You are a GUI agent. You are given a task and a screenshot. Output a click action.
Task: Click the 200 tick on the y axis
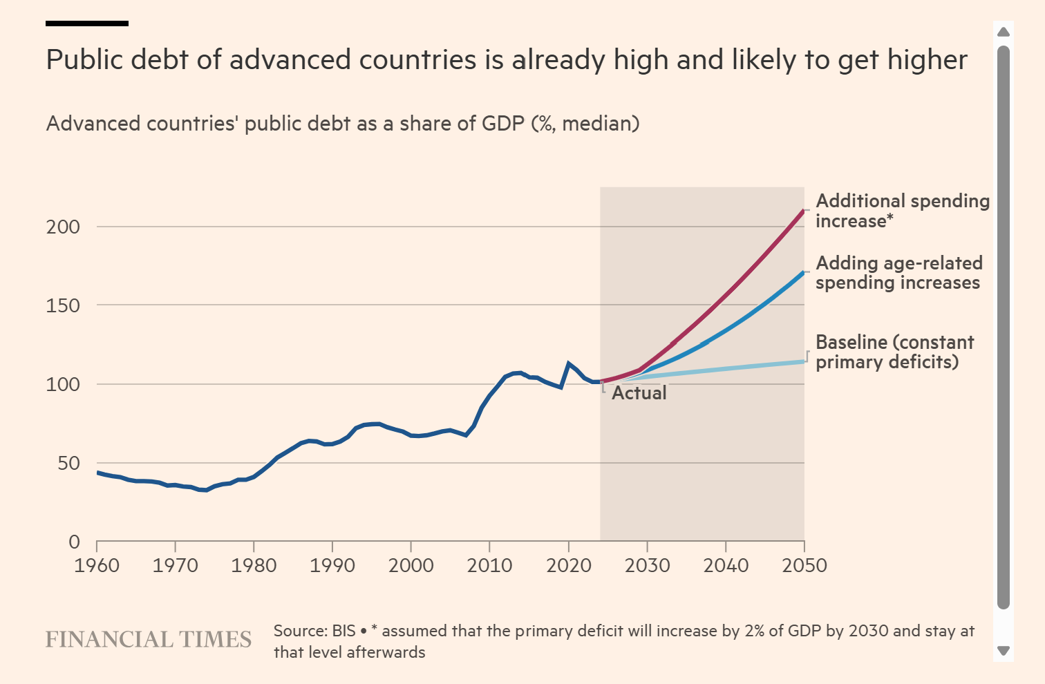tap(63, 227)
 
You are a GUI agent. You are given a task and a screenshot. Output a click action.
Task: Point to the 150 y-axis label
tap(63, 305)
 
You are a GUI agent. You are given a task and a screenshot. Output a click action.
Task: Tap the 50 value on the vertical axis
tap(68, 463)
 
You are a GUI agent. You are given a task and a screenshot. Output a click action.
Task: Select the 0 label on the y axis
tap(75, 542)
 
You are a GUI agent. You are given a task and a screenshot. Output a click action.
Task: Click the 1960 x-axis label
tap(97, 565)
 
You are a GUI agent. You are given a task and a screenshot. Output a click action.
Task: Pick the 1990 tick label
tap(332, 565)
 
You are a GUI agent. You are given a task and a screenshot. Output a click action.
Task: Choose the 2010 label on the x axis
tap(489, 565)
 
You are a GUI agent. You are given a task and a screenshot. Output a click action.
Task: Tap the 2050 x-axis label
tap(804, 565)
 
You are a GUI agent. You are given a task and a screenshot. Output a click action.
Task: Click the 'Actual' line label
tap(639, 393)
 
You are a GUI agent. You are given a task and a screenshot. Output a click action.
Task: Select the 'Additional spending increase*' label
tap(902, 211)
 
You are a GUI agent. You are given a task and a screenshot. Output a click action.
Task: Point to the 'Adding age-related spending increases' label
tap(898, 273)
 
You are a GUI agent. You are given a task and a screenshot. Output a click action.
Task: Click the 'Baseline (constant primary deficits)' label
tap(894, 352)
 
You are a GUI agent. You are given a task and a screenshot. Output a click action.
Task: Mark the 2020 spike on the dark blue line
tap(568, 363)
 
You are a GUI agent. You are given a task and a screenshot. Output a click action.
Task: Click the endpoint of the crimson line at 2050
tap(804, 210)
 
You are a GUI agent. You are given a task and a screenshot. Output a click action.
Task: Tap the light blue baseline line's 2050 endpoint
tap(804, 361)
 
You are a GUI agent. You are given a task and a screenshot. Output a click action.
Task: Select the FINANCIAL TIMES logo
tap(149, 640)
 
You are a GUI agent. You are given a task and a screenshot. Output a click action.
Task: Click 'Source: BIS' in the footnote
tap(314, 631)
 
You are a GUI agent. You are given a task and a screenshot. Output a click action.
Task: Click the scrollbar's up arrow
tap(1004, 32)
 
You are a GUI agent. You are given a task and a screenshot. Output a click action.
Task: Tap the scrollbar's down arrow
tap(1004, 651)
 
